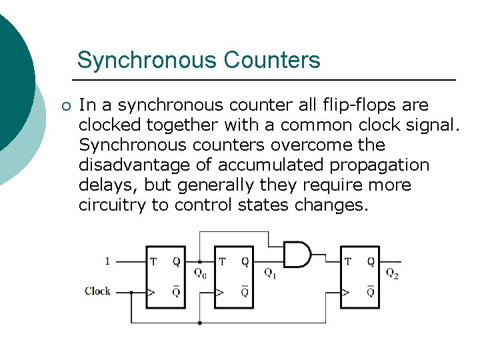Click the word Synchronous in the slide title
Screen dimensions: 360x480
point(147,61)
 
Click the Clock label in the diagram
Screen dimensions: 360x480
point(97,291)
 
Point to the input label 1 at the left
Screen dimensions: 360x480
point(107,261)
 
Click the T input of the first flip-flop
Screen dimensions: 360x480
point(153,261)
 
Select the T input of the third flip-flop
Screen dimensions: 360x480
point(348,261)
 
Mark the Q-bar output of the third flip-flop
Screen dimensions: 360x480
point(371,291)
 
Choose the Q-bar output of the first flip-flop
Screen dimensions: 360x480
point(176,291)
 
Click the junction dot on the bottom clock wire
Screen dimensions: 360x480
point(200,323)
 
